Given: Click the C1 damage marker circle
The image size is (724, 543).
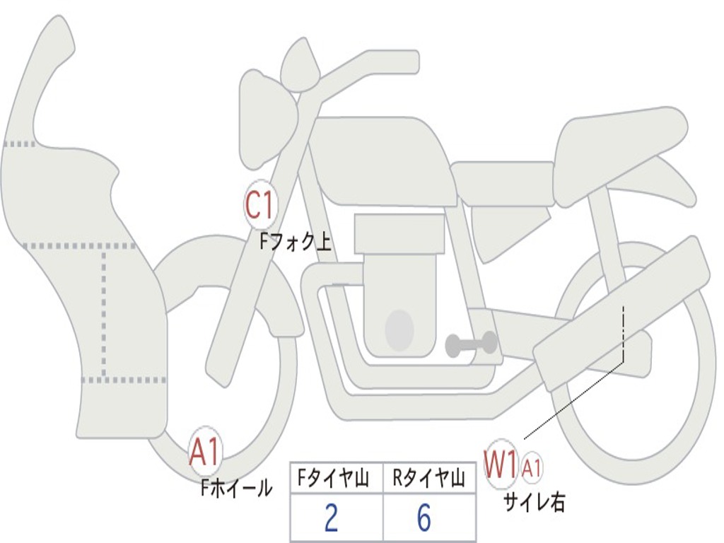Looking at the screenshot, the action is click(259, 205).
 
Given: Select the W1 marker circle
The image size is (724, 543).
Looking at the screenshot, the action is click(501, 465).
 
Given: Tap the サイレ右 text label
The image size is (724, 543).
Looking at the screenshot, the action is click(534, 502).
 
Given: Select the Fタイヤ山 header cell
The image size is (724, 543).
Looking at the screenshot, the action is click(336, 479).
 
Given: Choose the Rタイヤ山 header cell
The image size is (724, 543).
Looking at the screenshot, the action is click(428, 479).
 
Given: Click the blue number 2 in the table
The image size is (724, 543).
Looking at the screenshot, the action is click(331, 519).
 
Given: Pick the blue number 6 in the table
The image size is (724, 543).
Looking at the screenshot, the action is click(424, 519).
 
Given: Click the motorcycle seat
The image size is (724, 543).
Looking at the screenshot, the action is click(619, 141).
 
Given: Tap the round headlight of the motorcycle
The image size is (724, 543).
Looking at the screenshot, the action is click(265, 120).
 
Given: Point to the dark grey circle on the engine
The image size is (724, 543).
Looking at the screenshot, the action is click(399, 329).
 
